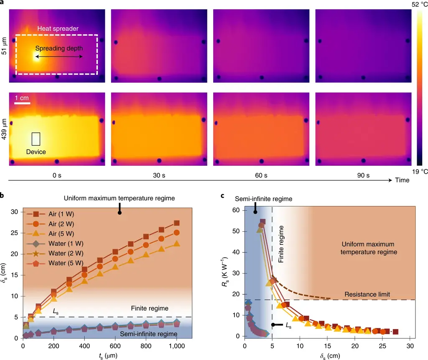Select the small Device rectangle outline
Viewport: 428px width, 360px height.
coord(36,139)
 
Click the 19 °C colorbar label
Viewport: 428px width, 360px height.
coord(417,171)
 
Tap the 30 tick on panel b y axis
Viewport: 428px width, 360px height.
coord(15,212)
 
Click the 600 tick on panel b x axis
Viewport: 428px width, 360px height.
coord(115,346)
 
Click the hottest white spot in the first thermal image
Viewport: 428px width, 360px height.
coord(36,56)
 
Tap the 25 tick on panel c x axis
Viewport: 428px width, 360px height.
coord(382,346)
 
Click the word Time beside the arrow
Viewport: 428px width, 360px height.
coord(403,180)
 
